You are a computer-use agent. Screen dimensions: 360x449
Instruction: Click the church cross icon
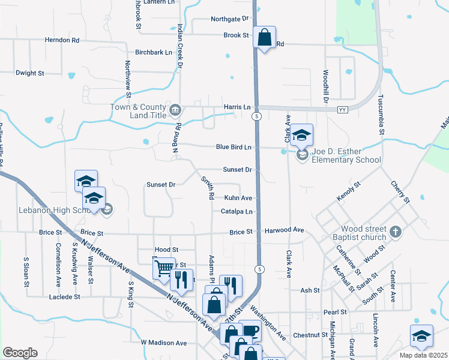(395, 231)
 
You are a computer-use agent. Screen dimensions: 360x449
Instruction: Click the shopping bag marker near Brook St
(264, 37)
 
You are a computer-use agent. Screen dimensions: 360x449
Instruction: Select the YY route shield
(343, 110)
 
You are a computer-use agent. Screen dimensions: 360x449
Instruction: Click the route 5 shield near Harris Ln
(256, 116)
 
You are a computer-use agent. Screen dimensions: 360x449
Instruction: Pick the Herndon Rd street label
(62, 40)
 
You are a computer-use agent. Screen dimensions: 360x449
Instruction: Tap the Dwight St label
(30, 73)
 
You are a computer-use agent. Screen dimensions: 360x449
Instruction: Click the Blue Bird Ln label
(233, 147)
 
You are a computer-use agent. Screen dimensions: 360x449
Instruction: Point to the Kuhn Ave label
(238, 197)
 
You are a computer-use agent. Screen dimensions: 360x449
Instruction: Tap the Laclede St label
(64, 297)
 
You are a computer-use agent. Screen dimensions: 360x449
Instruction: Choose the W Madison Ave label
(164, 343)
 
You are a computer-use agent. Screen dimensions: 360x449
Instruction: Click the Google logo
(20, 353)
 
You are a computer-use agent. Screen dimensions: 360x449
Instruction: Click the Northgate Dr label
(229, 19)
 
